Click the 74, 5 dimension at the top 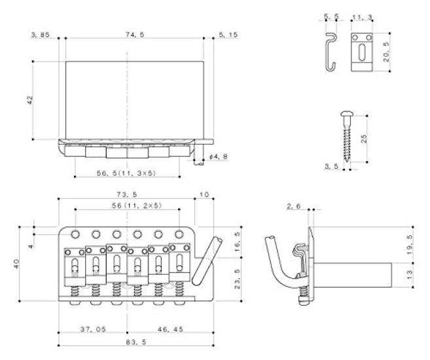pos(135,35)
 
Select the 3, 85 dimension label pos(41,35)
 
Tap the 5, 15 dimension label pos(228,35)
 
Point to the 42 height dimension pos(30,99)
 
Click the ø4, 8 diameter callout pos(219,157)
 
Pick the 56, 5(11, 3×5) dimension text pos(126,173)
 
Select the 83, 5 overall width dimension pos(136,342)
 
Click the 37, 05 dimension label pos(93,329)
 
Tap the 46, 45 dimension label pos(170,329)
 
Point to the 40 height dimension pos(16,264)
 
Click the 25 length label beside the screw pos(364,139)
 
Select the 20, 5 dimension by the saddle pos(386,52)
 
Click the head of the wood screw pos(347,113)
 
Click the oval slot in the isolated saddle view pos(362,52)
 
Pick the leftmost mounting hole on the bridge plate pos(75,234)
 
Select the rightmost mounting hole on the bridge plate pos(179,234)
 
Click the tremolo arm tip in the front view pos(219,240)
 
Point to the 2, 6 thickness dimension pos(293,206)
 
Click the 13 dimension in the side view pos(410,275)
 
